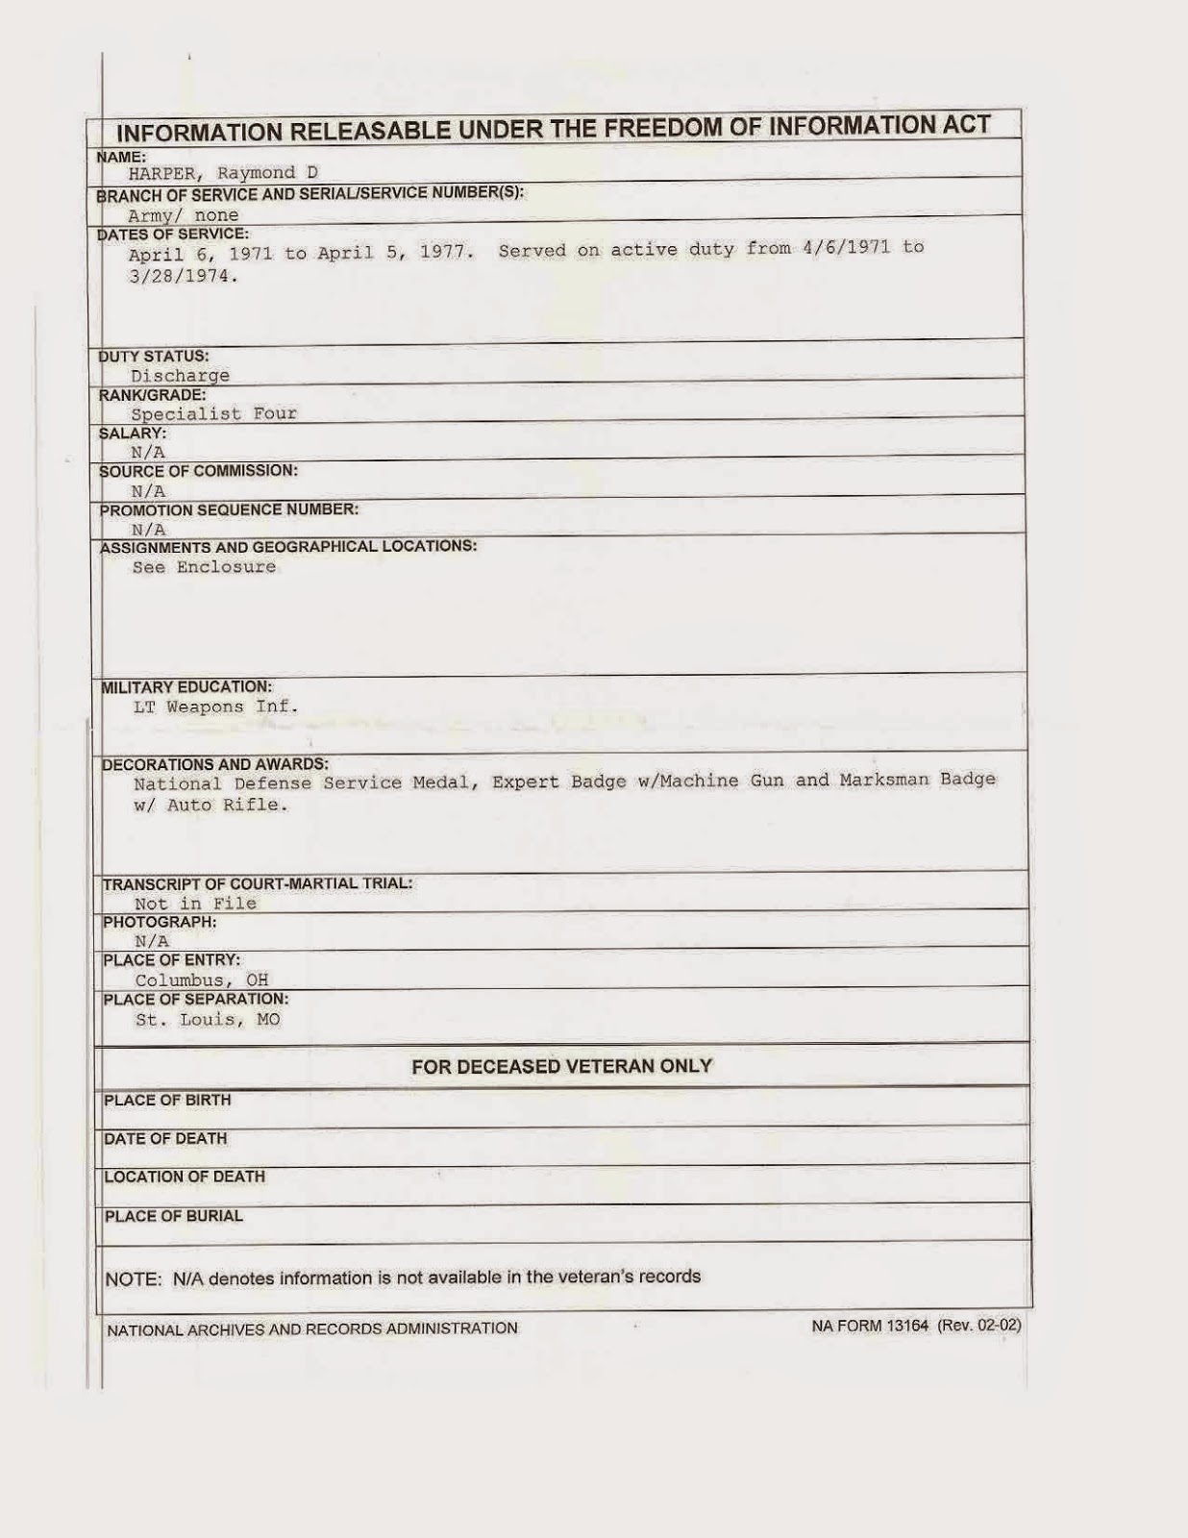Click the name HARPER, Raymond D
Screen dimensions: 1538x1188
click(224, 173)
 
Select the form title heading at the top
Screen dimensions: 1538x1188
click(553, 129)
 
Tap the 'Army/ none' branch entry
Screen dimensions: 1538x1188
click(184, 215)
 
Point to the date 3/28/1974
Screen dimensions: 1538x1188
click(183, 276)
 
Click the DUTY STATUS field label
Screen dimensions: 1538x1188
click(155, 356)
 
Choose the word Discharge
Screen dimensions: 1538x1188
click(181, 376)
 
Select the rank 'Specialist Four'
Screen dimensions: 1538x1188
click(214, 414)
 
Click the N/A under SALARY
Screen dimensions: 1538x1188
click(149, 452)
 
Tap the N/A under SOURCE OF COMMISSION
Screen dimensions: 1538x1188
click(149, 491)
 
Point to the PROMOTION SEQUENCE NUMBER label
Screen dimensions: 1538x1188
click(230, 509)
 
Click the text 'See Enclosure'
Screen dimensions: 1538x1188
click(204, 567)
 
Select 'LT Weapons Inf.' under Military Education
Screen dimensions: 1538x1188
click(216, 707)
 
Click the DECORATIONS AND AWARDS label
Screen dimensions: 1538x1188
click(215, 764)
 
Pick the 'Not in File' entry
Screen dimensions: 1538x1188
click(196, 904)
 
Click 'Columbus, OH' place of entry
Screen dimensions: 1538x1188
click(202, 981)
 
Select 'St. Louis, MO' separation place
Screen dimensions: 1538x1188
click(208, 1020)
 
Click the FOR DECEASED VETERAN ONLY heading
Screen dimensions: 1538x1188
click(561, 1066)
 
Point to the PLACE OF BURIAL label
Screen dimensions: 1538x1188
click(174, 1216)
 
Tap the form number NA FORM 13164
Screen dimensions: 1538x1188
click(870, 1327)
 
